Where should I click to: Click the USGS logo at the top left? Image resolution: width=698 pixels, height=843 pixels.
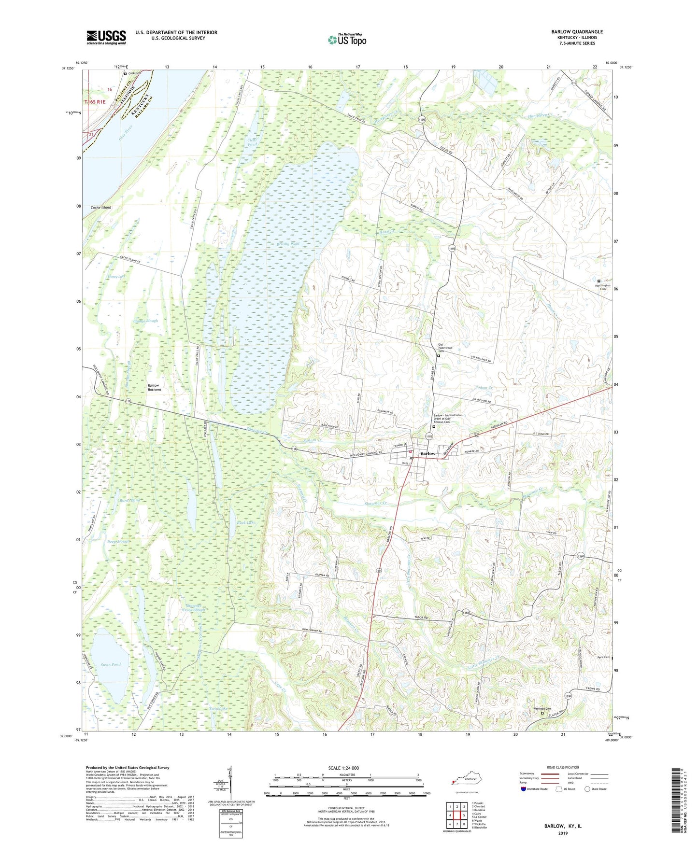[106, 37]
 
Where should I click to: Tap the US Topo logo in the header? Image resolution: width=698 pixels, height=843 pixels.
[347, 40]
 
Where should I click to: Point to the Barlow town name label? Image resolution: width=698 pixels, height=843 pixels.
[427, 454]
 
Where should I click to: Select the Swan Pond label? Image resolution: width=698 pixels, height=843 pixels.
[111, 664]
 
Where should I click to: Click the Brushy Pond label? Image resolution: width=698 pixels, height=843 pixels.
[288, 244]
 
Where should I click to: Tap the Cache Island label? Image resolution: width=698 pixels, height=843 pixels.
[101, 208]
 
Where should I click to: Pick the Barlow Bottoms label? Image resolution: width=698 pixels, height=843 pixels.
[154, 388]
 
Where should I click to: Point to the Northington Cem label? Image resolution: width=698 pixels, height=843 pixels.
[601, 287]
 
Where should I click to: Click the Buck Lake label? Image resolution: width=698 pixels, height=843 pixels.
[245, 522]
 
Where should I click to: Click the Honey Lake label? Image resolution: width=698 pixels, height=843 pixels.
[116, 277]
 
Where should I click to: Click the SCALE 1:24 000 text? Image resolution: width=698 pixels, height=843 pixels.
[343, 768]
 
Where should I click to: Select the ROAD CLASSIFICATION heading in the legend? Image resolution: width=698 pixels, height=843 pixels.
[562, 768]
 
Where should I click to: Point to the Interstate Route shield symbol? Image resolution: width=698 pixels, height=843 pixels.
[524, 789]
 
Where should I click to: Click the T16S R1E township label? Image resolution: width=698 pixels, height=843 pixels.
[95, 102]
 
